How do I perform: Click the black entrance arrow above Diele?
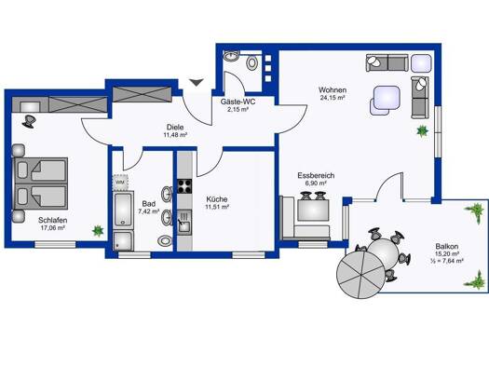click(197, 82)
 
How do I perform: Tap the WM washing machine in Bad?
click(120, 182)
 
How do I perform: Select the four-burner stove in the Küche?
click(184, 186)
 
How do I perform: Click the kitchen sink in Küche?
click(184, 222)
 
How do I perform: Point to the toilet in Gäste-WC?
click(251, 62)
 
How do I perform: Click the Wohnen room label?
click(333, 90)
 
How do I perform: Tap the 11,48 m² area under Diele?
click(175, 135)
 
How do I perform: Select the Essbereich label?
click(316, 175)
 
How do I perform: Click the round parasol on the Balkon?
click(361, 275)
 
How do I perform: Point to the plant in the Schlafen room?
click(98, 231)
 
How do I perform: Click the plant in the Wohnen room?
click(423, 131)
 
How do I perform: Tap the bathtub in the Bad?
click(123, 210)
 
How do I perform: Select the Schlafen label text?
click(53, 220)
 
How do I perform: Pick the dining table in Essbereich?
click(313, 210)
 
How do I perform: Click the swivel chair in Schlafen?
click(29, 121)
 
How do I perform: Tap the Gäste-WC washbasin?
click(231, 56)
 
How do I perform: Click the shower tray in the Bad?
click(123, 240)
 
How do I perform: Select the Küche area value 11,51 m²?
click(217, 207)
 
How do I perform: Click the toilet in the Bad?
click(164, 240)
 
